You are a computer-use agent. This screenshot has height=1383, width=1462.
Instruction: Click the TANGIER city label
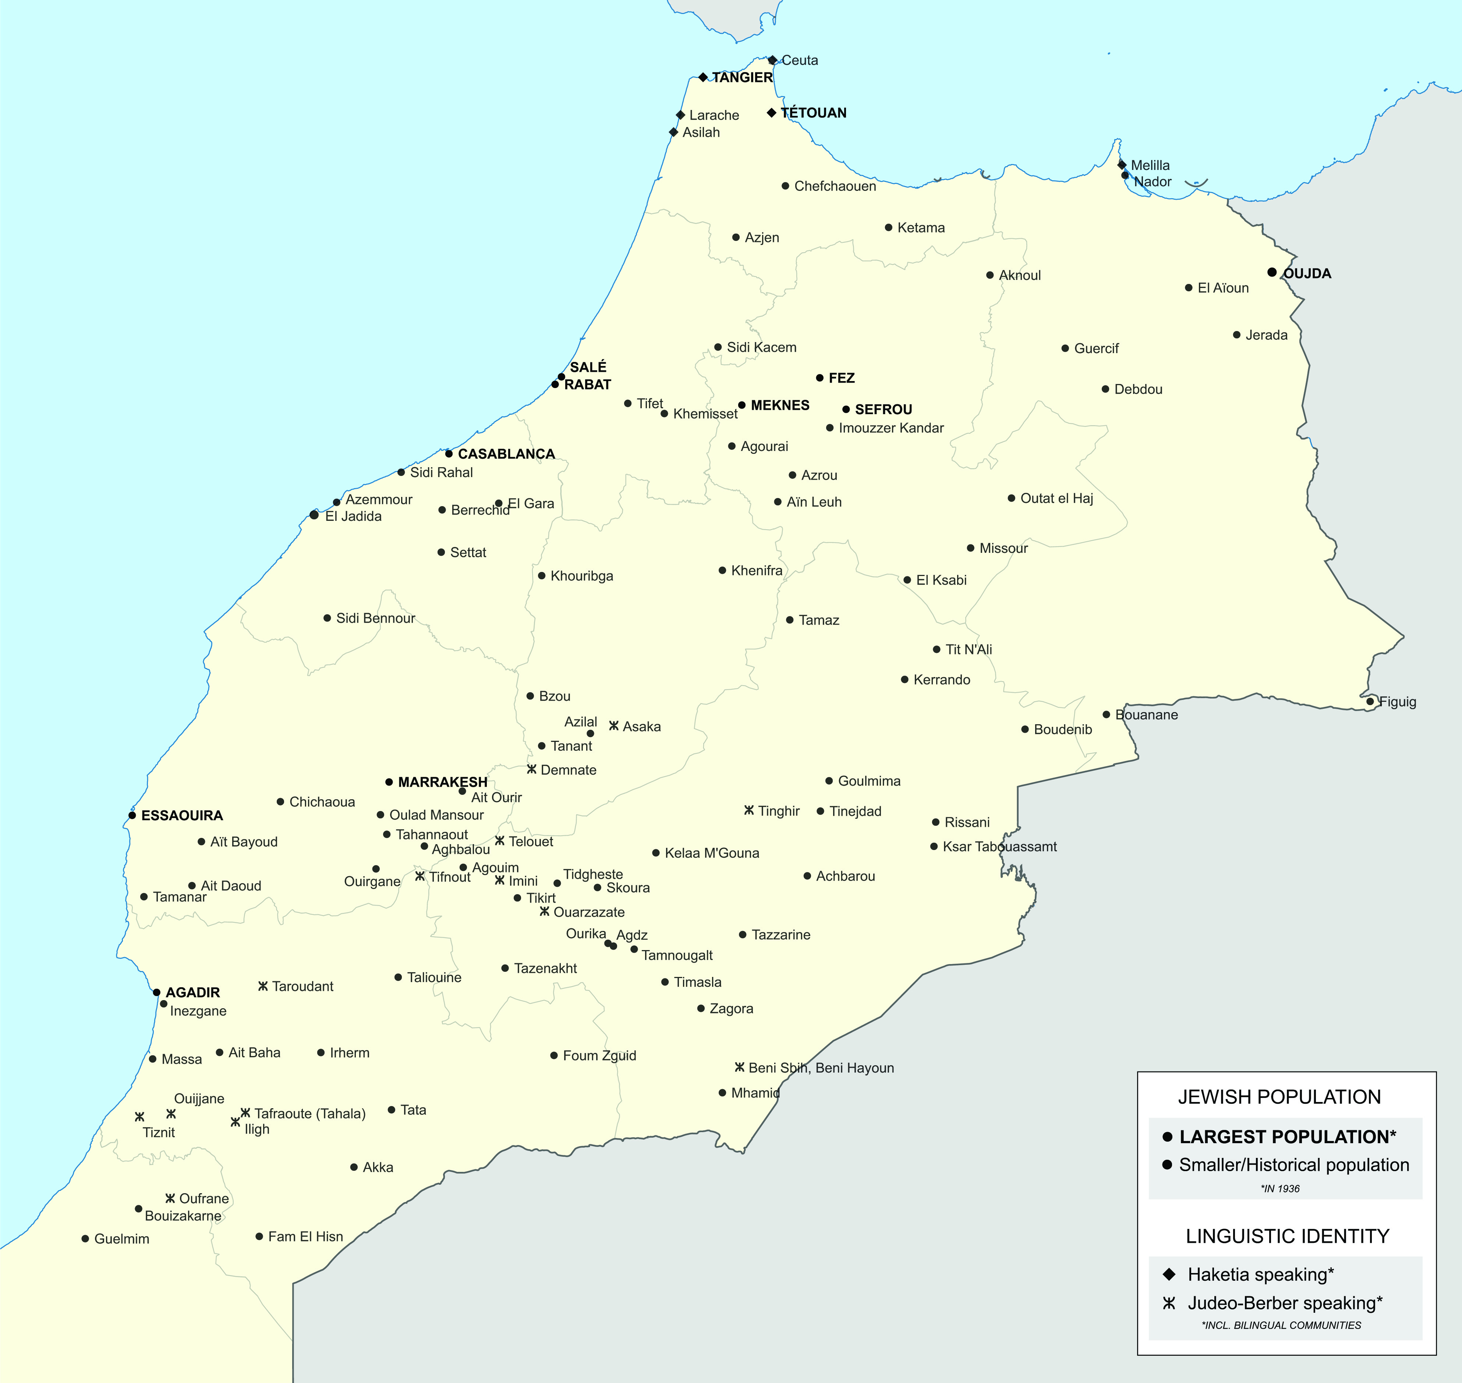click(742, 77)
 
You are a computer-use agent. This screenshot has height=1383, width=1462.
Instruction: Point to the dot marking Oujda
click(1272, 272)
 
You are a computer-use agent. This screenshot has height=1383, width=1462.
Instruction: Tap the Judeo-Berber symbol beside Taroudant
click(263, 986)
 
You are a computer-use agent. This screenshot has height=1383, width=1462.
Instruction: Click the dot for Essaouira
click(132, 815)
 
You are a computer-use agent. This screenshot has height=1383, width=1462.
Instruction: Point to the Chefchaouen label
click(835, 186)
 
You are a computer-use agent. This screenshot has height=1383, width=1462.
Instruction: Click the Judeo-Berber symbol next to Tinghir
click(749, 810)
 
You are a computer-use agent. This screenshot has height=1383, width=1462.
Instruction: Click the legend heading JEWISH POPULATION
click(1279, 1097)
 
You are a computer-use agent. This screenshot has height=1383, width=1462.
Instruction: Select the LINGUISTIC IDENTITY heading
click(1287, 1236)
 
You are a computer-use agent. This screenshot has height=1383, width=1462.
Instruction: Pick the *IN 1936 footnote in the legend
click(1280, 1188)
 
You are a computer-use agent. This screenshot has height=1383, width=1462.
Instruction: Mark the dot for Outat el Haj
click(1011, 498)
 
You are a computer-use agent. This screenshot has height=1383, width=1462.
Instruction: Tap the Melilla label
click(1150, 165)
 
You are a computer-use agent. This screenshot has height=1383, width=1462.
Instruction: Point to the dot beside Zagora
click(701, 1009)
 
